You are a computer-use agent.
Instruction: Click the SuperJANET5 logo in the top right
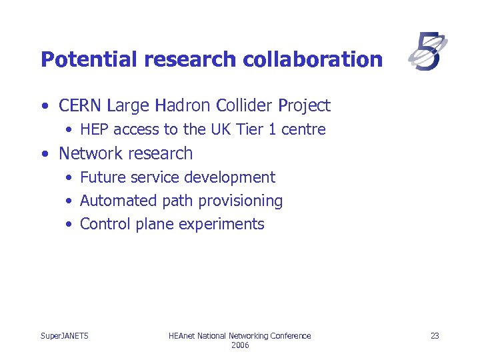[428, 52]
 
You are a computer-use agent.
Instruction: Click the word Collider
[240, 105]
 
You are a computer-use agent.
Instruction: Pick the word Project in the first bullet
[304, 105]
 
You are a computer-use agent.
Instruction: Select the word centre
[303, 129]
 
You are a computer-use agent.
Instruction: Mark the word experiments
[221, 224]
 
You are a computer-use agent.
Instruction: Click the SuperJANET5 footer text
[65, 335]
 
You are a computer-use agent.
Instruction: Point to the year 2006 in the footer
[239, 345]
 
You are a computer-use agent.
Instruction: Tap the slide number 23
[435, 335]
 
